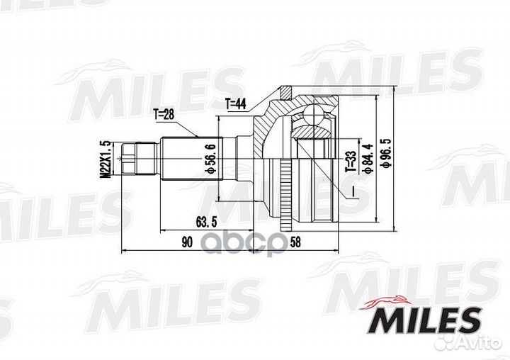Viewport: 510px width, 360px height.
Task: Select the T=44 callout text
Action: [236, 103]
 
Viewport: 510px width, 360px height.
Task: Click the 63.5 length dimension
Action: [206, 217]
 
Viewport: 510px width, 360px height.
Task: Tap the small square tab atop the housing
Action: [285, 91]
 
